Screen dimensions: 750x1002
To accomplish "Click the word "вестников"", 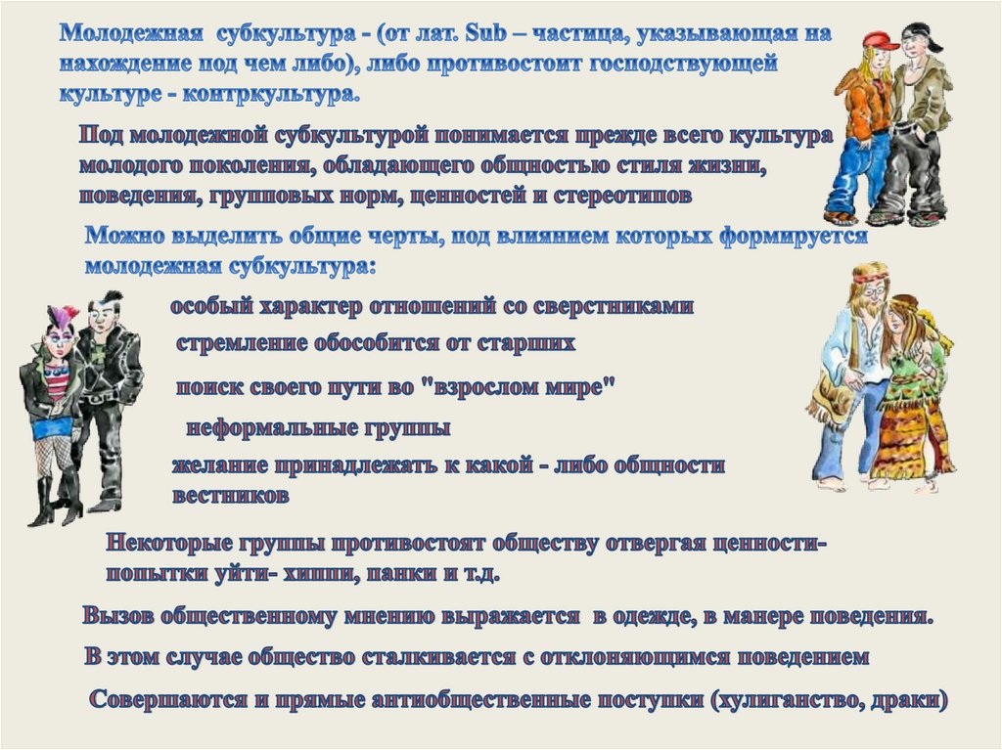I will [230, 495].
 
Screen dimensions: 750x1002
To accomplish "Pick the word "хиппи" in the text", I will [318, 573].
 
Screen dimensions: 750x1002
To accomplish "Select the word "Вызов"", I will [118, 616].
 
